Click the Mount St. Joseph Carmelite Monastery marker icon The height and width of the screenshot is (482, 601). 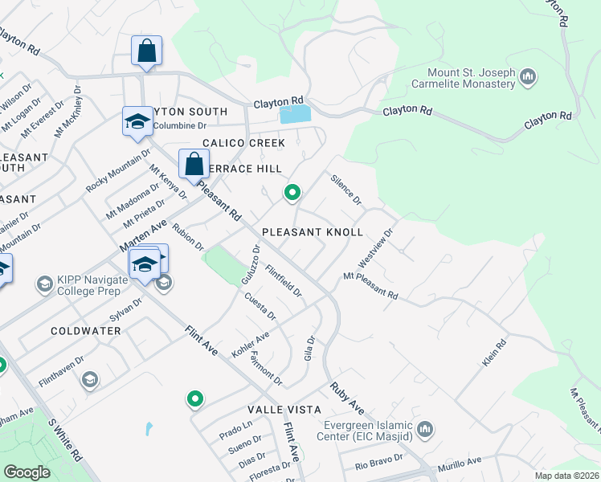coord(528,77)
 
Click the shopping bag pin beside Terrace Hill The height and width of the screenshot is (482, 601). coord(194,165)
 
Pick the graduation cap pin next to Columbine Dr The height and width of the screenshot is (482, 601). coord(137,123)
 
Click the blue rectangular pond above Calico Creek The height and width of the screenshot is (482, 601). coord(293,115)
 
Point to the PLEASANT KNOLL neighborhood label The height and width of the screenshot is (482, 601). coord(311,231)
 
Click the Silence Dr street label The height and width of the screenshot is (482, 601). coord(346,189)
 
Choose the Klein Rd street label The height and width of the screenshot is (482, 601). coord(494,353)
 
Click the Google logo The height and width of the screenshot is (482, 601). coord(27,472)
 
